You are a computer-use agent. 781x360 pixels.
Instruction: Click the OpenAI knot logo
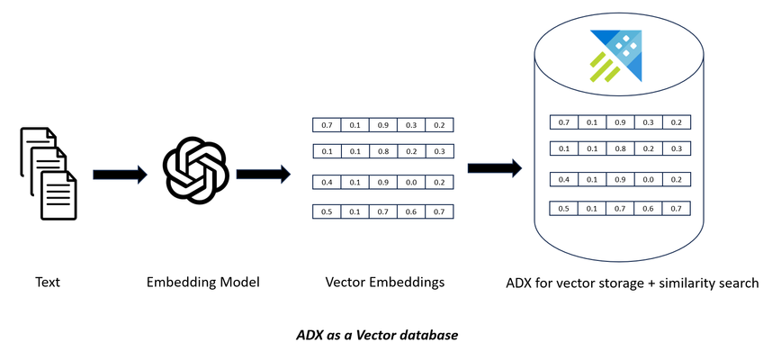[196, 169]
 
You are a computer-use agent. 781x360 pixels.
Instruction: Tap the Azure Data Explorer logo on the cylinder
[616, 56]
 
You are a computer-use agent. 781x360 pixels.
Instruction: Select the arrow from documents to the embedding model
[120, 175]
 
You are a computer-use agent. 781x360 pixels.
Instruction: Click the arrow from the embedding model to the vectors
[263, 175]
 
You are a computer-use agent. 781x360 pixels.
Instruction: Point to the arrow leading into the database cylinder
[495, 168]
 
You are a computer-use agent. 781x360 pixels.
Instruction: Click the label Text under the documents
[48, 283]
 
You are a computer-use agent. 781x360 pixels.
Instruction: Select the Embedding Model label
[203, 283]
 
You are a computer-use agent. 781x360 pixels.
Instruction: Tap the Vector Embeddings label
[385, 283]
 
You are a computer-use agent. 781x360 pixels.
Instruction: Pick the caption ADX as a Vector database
[377, 335]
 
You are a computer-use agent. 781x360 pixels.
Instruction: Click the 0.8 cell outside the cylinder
[383, 151]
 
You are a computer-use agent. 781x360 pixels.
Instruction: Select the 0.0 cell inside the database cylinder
[648, 179]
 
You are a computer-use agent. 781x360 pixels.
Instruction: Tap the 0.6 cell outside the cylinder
[411, 211]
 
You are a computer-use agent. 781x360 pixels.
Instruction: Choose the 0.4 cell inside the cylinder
[564, 179]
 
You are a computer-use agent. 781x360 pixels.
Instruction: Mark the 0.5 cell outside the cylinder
[327, 211]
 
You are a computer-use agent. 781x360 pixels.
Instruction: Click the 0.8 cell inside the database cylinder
[620, 148]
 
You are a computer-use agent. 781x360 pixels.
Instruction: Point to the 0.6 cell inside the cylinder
[648, 209]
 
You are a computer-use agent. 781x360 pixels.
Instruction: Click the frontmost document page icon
[58, 195]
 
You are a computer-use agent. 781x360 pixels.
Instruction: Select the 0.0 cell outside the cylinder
[411, 182]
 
